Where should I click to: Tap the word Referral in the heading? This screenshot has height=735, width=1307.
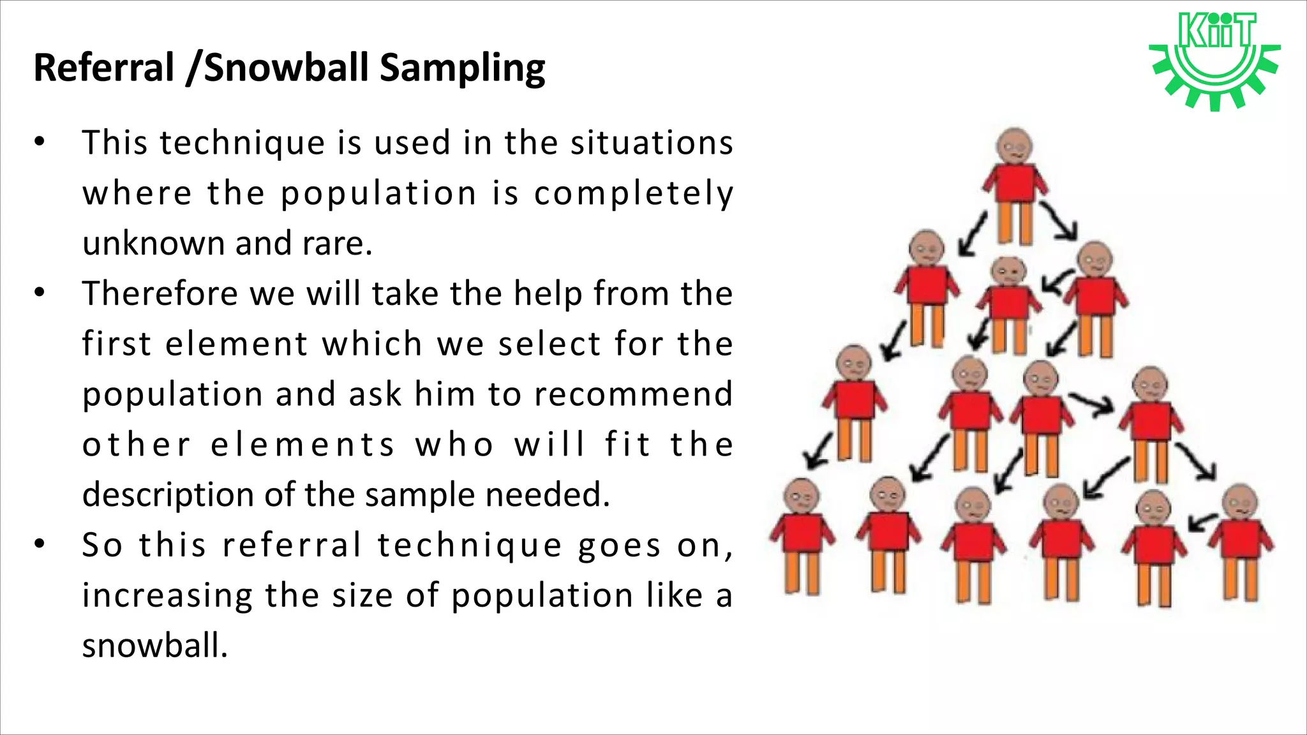pyautogui.click(x=104, y=68)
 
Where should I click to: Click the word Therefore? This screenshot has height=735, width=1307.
pyautogui.click(x=160, y=293)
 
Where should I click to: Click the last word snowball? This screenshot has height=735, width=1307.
pyautogui.click(x=154, y=646)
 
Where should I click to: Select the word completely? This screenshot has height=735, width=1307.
pyautogui.click(x=633, y=194)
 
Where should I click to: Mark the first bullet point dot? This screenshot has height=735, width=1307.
pyautogui.click(x=40, y=142)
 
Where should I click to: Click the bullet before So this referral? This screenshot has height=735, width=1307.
pyautogui.click(x=40, y=544)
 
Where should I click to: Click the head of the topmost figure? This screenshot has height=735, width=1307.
pyautogui.click(x=1014, y=146)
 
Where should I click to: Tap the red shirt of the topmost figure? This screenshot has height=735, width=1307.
pyautogui.click(x=1015, y=183)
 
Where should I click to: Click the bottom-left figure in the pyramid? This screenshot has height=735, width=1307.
pyautogui.click(x=802, y=536)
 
